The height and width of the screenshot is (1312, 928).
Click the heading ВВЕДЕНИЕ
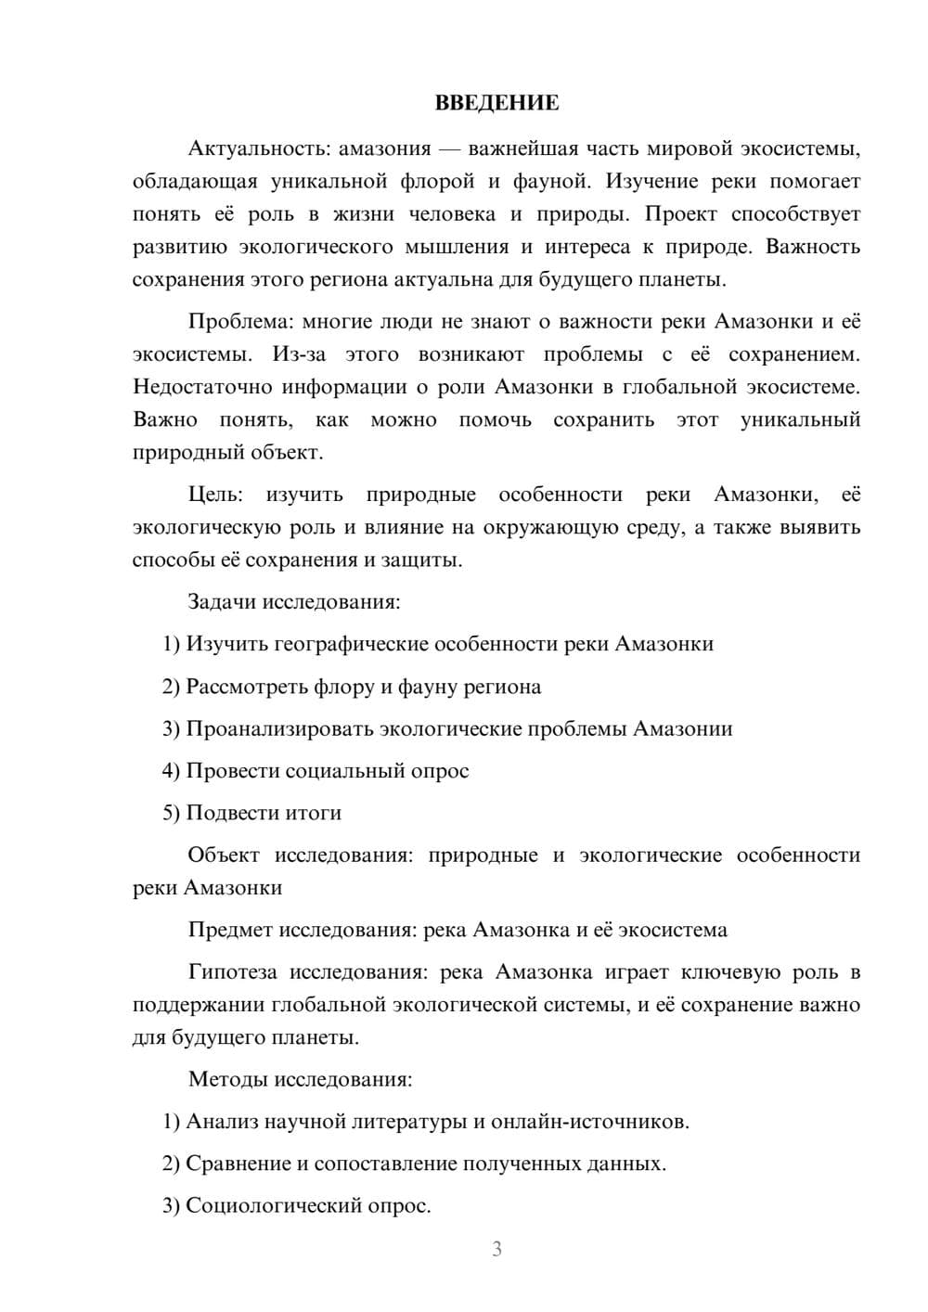tap(496, 103)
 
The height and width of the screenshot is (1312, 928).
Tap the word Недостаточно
tap(199, 387)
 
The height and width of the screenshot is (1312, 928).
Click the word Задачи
tap(222, 602)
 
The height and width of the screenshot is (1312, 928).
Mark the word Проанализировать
tap(279, 728)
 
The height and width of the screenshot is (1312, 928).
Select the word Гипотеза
tap(232, 972)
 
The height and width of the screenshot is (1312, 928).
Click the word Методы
tap(226, 1079)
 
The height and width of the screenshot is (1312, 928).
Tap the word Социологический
tap(275, 1206)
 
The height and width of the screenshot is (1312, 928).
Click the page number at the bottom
tap(496, 1249)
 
